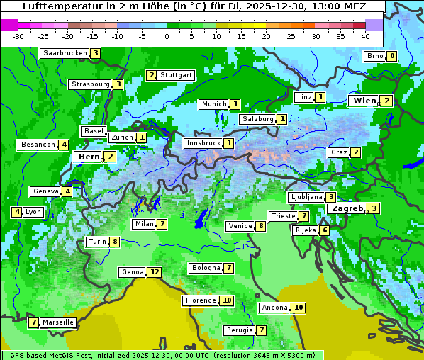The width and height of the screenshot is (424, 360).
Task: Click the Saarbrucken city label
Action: [x=65, y=53]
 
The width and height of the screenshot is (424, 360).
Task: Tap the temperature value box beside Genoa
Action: [x=155, y=272]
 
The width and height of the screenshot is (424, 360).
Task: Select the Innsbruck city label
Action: [x=202, y=143]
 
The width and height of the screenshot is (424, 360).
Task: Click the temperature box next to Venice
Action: [x=261, y=226]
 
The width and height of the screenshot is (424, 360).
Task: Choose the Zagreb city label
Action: [x=347, y=208]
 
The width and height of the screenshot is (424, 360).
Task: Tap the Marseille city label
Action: [x=58, y=322]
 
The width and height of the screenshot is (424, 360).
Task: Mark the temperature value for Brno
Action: [x=391, y=56]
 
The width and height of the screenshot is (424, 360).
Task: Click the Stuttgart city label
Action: [x=177, y=75]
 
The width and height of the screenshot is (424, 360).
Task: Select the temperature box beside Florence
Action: [x=227, y=300]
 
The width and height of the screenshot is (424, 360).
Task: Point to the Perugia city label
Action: [x=238, y=330]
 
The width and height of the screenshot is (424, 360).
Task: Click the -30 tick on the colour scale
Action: [x=18, y=35]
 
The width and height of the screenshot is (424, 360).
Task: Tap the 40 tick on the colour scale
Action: [x=365, y=35]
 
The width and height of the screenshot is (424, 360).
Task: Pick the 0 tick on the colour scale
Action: [x=167, y=35]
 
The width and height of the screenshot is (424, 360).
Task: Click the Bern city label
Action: [x=89, y=157]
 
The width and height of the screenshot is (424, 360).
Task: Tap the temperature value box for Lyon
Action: [x=16, y=212]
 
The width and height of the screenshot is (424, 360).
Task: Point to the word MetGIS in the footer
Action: [x=58, y=355]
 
